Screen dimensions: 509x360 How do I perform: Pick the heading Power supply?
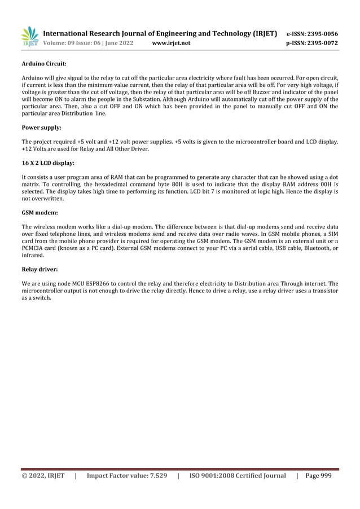pyautogui.click(x=41, y=128)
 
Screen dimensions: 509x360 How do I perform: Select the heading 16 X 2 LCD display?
pyautogui.click(x=47, y=163)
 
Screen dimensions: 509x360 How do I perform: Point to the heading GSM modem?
pyautogui.click(x=39, y=213)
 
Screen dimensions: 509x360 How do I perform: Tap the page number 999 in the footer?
pyautogui.click(x=326, y=476)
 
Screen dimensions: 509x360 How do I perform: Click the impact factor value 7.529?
pyautogui.click(x=155, y=476)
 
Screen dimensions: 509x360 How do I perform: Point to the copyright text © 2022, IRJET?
pyautogui.click(x=43, y=476)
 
